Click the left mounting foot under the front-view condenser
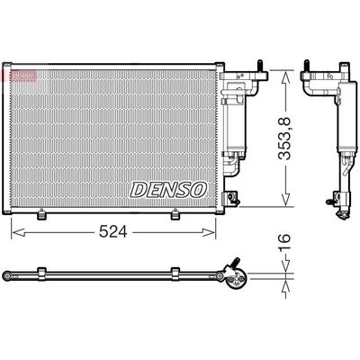pos(41,216)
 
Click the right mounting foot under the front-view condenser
pos(175,216)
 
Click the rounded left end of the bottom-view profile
pos(8,273)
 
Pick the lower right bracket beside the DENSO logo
pos(232,196)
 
